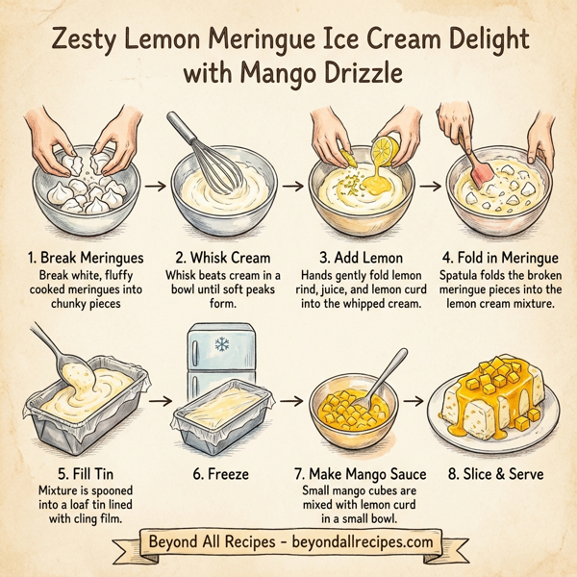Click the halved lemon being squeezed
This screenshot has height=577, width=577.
(x=389, y=147)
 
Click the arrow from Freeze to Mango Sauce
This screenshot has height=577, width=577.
(x=291, y=397)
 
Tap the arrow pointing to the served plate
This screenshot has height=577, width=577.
(x=421, y=397)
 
